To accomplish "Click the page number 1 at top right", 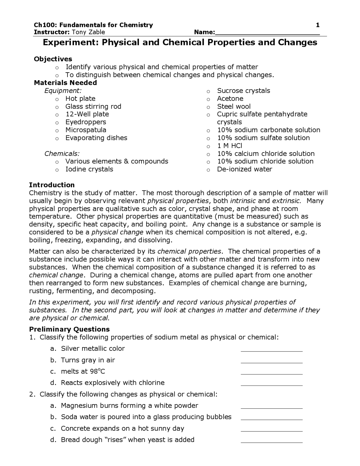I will point(318,25).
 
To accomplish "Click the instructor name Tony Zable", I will point(88,32).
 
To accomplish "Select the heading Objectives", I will point(53,59).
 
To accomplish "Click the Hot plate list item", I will point(80,98).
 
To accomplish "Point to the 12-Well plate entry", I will point(87,114).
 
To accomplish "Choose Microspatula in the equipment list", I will point(86,130).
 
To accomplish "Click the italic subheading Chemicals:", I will point(62,154).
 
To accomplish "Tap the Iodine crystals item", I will point(89,169).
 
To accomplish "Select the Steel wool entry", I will point(233,106).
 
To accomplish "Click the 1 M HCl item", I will point(229,146).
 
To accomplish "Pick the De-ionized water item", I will point(244,169).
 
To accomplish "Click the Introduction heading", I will point(52,185).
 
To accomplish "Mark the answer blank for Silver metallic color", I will point(271,350).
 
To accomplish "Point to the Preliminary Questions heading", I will point(69,329).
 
